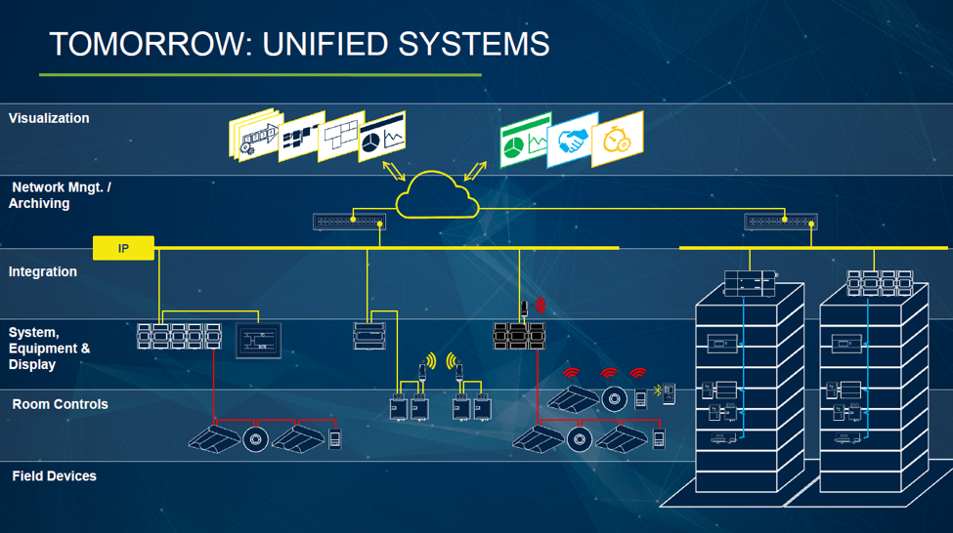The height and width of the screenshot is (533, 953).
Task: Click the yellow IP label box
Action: point(123,249)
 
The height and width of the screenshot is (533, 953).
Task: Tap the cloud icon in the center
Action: point(437,195)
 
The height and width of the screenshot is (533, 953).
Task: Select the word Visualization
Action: point(49,118)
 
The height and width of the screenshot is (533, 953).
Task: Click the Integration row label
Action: point(43,271)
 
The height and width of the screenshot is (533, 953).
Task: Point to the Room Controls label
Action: point(60,404)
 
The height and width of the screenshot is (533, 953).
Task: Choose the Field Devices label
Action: point(54,476)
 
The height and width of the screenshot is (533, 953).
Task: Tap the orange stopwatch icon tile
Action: point(618,140)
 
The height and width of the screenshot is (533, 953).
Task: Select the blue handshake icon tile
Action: point(573,143)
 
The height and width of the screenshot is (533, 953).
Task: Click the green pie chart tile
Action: point(524,145)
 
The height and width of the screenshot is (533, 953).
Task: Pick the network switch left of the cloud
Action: point(349,222)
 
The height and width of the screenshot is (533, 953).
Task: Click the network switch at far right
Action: point(780,222)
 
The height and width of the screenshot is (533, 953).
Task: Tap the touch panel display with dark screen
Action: point(258,340)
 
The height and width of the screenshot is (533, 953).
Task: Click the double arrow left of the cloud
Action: point(393,172)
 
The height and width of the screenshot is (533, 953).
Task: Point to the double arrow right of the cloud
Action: point(476,172)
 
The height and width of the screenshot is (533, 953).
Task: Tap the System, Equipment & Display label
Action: point(49,348)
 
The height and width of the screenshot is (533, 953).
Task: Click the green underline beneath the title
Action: point(260,74)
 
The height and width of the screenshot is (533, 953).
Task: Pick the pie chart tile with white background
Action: point(382,139)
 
